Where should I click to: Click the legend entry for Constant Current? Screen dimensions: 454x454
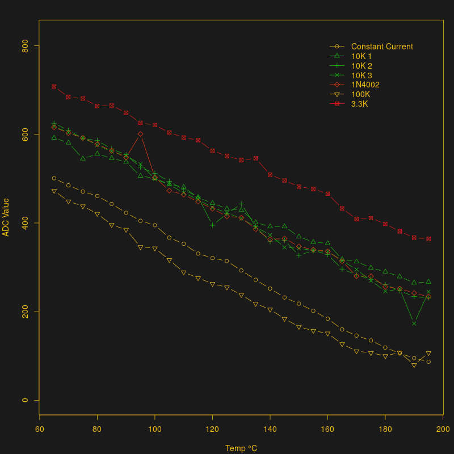click(x=382, y=47)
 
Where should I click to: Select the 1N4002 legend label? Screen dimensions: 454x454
click(x=365, y=85)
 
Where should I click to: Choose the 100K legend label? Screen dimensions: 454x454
click(x=361, y=95)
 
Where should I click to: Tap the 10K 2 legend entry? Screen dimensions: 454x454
click(x=361, y=66)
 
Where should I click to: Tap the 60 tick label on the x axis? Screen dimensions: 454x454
click(x=40, y=429)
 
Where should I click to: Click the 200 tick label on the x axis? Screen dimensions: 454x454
click(x=443, y=429)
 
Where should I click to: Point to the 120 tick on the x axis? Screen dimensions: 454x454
click(x=212, y=429)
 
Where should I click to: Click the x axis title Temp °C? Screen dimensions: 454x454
click(x=241, y=448)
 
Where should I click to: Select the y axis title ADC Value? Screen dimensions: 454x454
click(x=6, y=217)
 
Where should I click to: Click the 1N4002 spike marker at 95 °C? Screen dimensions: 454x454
click(x=140, y=134)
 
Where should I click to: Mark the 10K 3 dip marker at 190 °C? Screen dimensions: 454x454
click(x=414, y=323)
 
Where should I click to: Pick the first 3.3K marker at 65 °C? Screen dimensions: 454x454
click(x=54, y=86)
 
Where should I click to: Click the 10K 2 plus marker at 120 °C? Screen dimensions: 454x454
click(x=212, y=225)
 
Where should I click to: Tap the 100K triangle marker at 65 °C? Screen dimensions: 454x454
click(x=54, y=191)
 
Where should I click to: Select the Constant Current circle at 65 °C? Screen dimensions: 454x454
click(x=54, y=178)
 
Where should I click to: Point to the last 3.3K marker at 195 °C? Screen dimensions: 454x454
click(x=428, y=239)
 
